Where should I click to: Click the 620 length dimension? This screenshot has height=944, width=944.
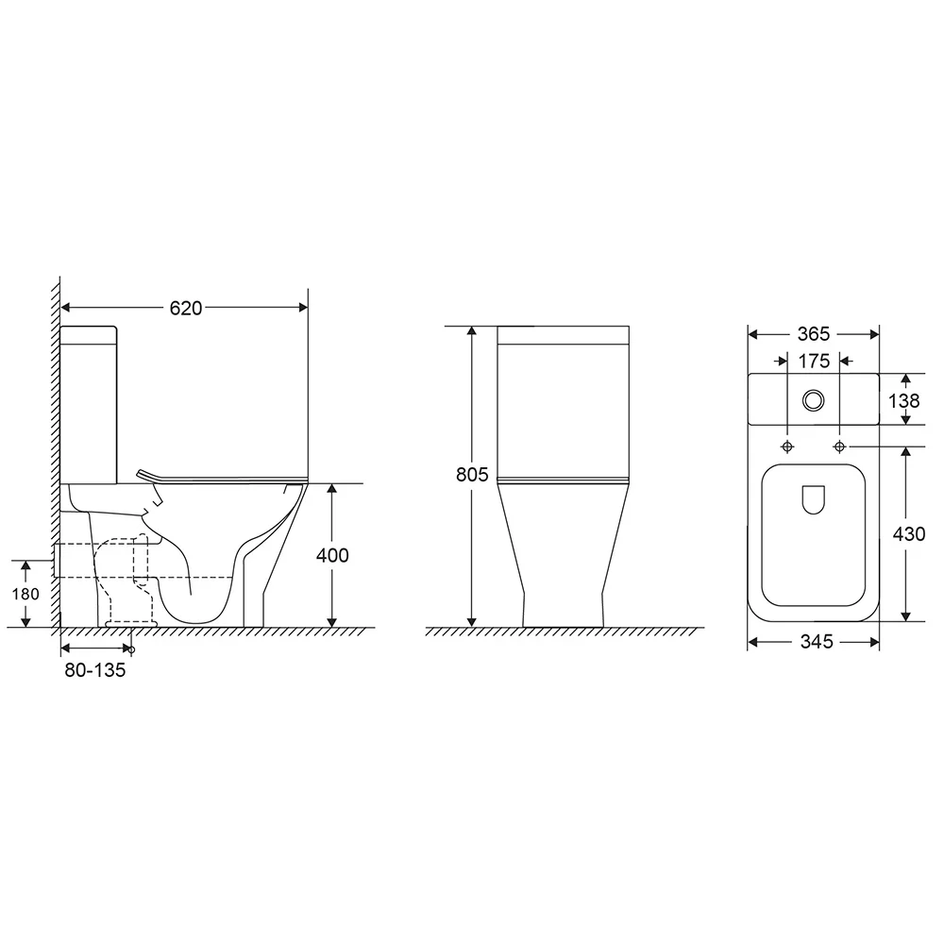coord(185,309)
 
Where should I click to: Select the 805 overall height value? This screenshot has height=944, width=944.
coord(472,475)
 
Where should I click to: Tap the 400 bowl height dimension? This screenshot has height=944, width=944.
coord(332,555)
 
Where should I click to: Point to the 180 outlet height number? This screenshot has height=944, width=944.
coord(25,594)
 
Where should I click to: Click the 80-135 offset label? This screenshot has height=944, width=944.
coord(95,670)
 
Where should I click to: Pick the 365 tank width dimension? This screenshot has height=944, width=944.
coord(814,334)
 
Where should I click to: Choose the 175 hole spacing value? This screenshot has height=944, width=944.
coord(814,362)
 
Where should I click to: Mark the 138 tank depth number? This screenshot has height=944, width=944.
coord(904,401)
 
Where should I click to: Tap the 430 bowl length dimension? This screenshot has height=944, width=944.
coord(908,534)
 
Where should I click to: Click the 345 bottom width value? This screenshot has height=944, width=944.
coord(817,642)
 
